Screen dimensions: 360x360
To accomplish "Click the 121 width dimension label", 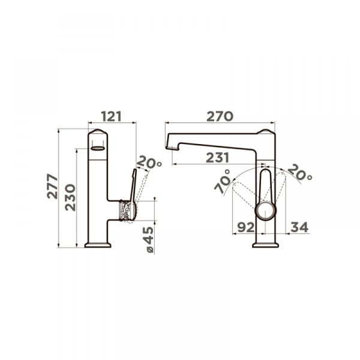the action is [111, 116].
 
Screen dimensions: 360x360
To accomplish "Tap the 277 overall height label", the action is [52, 186].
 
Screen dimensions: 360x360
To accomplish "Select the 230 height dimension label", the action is [70, 197].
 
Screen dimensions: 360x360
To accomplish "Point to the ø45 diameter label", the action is [149, 239].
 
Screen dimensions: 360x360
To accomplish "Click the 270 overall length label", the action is [220, 116].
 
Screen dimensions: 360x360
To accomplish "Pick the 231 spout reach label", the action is [217, 158].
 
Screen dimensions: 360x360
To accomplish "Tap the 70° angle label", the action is [222, 182].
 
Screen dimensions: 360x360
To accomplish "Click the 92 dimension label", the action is [246, 227].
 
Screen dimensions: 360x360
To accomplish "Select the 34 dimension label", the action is [299, 227].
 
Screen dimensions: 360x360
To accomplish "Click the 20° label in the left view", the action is [149, 162].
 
